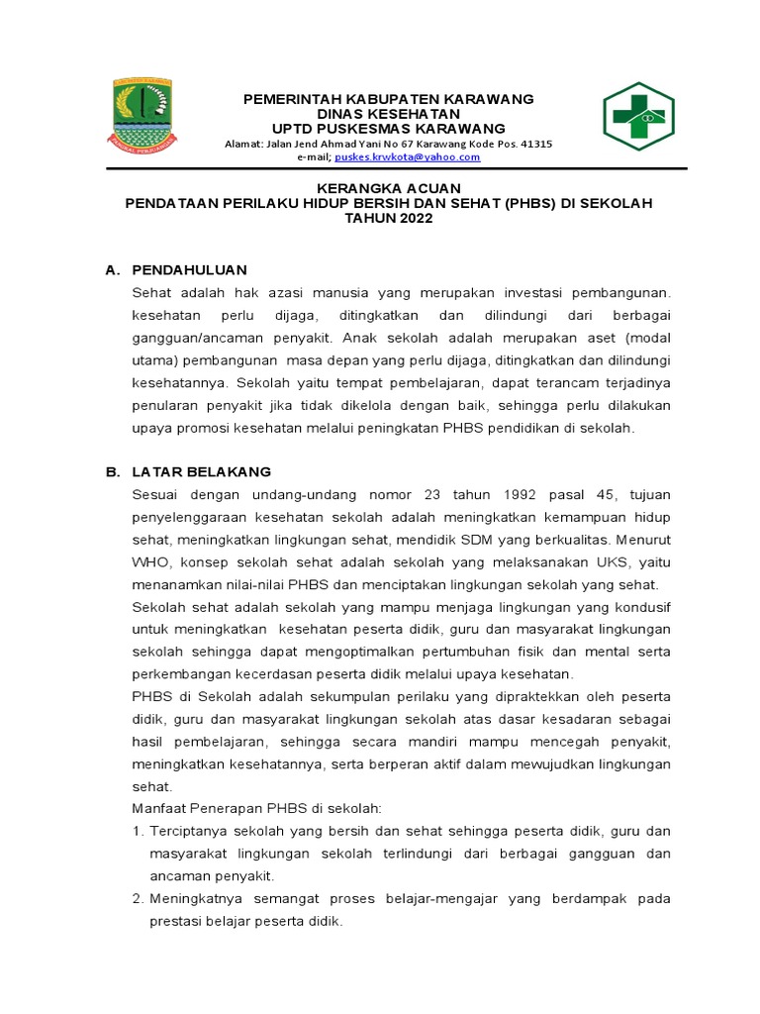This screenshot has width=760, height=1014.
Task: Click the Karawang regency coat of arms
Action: [x=142, y=115]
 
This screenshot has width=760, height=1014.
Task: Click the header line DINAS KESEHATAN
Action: [x=389, y=114]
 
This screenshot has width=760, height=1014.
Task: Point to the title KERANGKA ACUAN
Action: [x=389, y=188]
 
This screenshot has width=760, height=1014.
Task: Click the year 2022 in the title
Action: [x=414, y=219]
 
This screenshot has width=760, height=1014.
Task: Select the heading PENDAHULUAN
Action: [x=189, y=269]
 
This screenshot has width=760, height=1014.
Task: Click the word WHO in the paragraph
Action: [x=147, y=562]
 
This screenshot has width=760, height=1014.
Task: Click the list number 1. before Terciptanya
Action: [x=139, y=831]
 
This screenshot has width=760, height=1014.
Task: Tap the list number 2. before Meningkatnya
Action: [x=139, y=899]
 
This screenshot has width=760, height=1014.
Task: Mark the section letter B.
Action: [x=111, y=471]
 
